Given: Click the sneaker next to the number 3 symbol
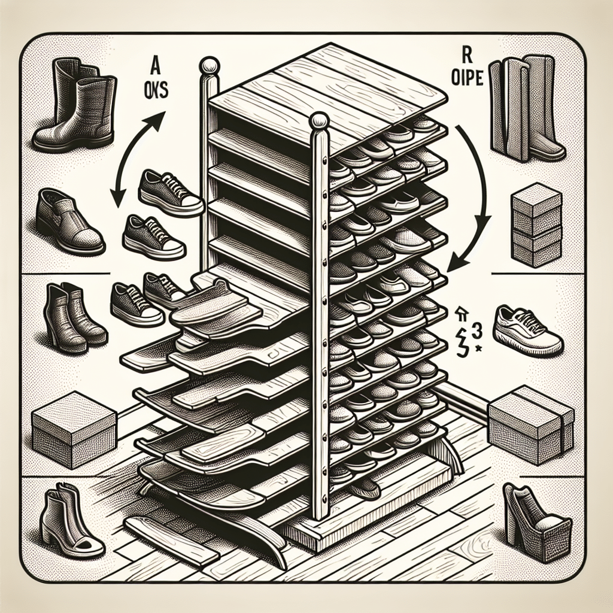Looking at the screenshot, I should click(x=527, y=329).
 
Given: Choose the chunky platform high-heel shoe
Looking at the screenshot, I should click(x=534, y=523).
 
